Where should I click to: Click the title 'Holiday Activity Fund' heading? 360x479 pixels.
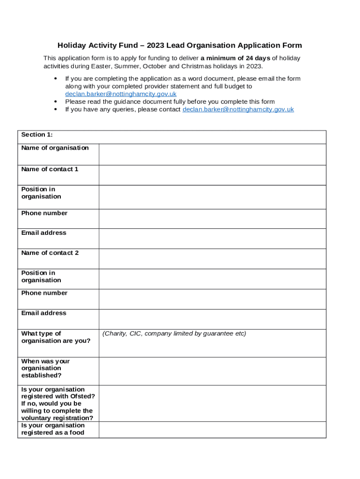point(180,45)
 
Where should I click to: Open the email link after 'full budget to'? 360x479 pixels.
point(121,94)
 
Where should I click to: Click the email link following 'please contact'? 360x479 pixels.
point(238,109)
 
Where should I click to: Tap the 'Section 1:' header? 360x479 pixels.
point(37,135)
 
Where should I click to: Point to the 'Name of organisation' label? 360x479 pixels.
point(55,148)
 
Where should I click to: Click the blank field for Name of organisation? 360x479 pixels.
point(212,154)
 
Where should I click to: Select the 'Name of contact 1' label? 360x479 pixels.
point(50,169)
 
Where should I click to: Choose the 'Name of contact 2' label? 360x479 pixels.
point(50,253)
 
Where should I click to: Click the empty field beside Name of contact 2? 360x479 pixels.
point(212,259)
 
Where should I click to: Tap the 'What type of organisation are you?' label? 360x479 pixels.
point(56,337)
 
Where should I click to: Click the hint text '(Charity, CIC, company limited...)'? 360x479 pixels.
point(174,334)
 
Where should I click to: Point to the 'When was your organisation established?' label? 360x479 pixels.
point(45,368)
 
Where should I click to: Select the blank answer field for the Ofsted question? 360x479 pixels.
point(212,403)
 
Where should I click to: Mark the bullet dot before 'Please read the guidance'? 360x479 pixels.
point(56,102)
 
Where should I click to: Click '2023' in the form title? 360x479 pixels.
point(155,45)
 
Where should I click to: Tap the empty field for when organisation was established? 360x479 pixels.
point(212,371)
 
